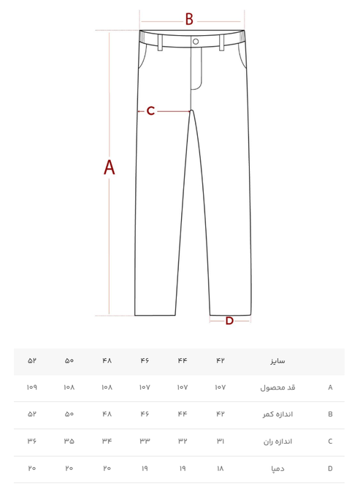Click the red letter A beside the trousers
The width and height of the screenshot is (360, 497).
click(x=110, y=167)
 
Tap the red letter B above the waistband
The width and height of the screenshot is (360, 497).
click(x=189, y=19)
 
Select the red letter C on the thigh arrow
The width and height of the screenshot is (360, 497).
click(x=150, y=111)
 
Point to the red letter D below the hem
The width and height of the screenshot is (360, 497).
click(x=229, y=321)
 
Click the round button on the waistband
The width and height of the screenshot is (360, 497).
click(x=196, y=42)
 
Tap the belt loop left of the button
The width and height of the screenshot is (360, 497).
click(x=160, y=42)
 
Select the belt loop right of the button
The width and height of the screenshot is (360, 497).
click(x=222, y=42)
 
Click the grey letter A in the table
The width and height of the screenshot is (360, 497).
click(x=330, y=387)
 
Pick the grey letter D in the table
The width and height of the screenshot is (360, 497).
click(x=330, y=468)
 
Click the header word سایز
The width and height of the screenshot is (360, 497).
click(x=277, y=361)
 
